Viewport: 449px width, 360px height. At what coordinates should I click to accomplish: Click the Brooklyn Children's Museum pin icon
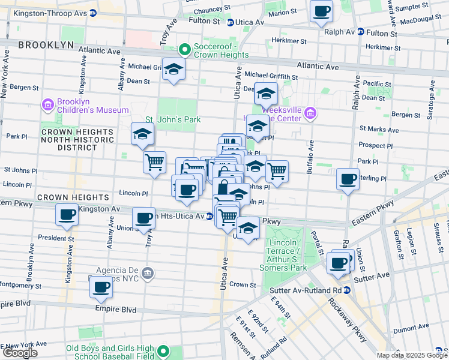pos(49,105)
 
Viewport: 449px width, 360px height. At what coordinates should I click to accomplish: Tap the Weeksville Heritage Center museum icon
pos(310,113)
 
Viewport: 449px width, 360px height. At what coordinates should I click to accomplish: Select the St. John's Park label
pos(173,120)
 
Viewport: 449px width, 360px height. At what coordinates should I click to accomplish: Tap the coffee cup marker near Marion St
pos(322,10)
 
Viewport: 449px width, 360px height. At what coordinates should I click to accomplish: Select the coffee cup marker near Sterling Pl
pos(348,179)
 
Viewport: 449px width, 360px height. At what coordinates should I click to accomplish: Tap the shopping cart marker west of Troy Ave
pos(154,161)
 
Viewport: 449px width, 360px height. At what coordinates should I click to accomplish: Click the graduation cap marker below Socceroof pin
pos(173,69)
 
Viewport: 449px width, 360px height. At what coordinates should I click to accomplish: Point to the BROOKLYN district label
pos(46,45)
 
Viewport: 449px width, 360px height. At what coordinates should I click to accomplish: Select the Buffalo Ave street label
pos(310,157)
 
